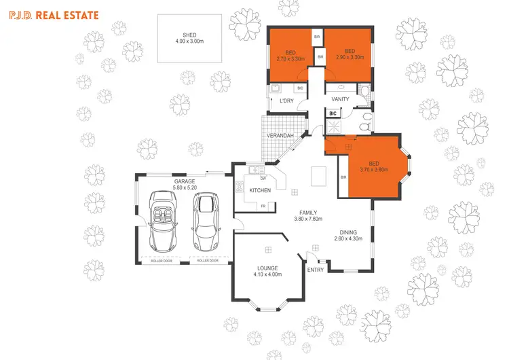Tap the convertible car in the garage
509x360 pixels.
162,220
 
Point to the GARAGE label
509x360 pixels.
185,182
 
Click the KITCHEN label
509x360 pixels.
261,190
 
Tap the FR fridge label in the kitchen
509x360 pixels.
263,205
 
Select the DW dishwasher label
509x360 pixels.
263,178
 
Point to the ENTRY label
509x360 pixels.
316,270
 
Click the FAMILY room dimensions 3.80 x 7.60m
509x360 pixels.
309,219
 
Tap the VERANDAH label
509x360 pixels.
280,136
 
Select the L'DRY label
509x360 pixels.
286,101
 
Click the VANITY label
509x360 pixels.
340,99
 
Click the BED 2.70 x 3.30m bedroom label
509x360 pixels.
290,55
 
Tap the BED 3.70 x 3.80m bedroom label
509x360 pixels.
374,166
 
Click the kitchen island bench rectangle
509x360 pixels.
316,177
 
